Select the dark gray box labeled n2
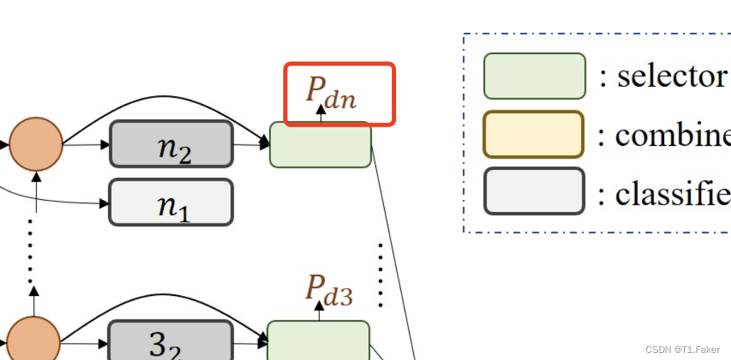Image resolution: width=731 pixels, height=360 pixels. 171,144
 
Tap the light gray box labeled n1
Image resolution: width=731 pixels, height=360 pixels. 171,202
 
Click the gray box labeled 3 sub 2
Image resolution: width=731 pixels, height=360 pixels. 170,343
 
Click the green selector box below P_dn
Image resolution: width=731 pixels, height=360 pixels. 320,145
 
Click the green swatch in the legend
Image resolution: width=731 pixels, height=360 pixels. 534,76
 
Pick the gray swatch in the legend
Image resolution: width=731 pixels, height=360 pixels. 534,191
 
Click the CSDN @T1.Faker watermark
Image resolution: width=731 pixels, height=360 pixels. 683,349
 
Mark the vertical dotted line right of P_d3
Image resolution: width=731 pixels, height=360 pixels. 381,275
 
